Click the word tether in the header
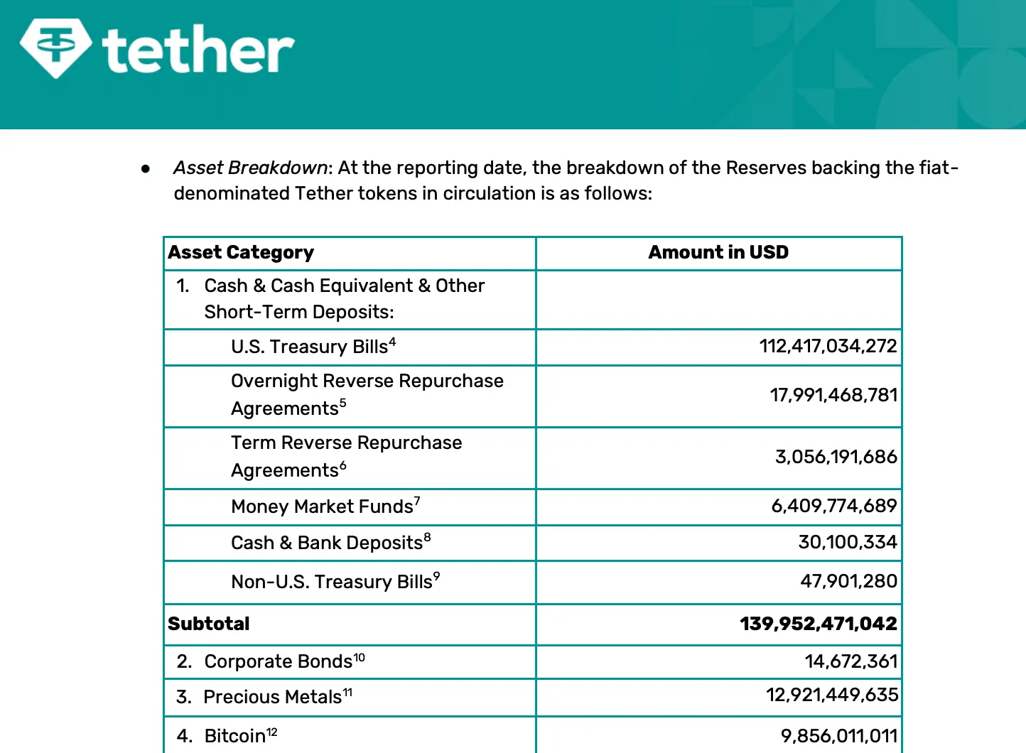click(x=198, y=50)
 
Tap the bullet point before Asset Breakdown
click(x=146, y=168)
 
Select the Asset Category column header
click(x=241, y=252)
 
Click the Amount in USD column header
click(x=718, y=252)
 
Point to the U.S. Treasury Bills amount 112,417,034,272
click(x=828, y=346)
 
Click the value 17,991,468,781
click(x=833, y=395)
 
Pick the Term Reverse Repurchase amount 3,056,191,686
click(x=836, y=457)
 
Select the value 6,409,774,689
click(x=834, y=506)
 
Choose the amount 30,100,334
click(x=848, y=542)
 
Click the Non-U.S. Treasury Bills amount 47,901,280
click(x=848, y=581)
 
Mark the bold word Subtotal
click(x=209, y=624)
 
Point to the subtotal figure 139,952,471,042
click(x=818, y=624)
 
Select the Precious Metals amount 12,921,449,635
click(x=832, y=695)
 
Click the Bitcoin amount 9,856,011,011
click(x=839, y=735)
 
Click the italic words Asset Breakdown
click(x=250, y=168)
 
